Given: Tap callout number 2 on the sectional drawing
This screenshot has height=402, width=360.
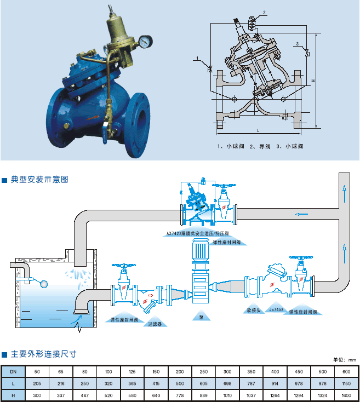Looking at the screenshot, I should pos(264,12).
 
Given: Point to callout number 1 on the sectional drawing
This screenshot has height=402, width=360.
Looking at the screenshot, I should pos(196,58).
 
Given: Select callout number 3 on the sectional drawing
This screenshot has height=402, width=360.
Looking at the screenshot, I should pos(297,43).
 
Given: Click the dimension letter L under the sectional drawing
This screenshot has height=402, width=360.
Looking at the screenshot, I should pos(258,130).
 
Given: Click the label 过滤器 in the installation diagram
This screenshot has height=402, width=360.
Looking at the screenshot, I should pos(156,324).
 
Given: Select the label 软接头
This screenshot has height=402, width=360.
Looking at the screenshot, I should pos(253,309).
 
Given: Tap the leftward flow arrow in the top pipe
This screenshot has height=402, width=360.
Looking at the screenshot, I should pos(299,214).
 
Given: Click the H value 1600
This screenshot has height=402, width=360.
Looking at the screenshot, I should pos(346,395).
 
